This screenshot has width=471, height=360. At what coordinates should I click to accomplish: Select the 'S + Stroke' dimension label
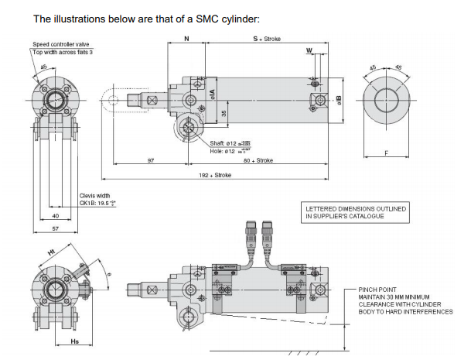click(x=264, y=37)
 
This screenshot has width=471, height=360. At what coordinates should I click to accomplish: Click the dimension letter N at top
click(x=186, y=37)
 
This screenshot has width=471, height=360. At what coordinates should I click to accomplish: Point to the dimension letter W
click(x=309, y=52)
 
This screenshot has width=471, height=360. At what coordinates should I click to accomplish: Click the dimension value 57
click(x=55, y=230)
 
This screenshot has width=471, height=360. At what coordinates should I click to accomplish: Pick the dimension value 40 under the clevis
click(x=55, y=215)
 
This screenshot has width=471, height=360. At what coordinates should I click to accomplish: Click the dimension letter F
click(x=385, y=153)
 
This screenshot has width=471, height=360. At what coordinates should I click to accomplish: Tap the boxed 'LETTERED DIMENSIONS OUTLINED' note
click(x=355, y=213)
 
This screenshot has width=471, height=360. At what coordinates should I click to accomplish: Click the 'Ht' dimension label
click(x=52, y=253)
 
